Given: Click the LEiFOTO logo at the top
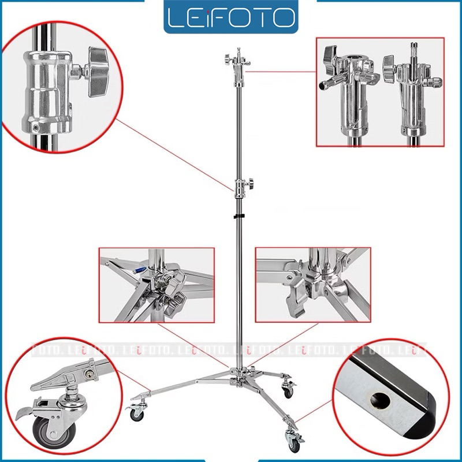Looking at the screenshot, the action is click(230, 17).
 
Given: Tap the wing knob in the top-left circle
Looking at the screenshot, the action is click(99, 72).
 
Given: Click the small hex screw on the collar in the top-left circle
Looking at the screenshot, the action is click(36, 128).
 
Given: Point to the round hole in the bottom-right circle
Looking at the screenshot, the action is click(380, 400).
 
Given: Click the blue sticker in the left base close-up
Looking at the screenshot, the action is click(140, 270).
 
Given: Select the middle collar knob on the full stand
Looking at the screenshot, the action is click(251, 183).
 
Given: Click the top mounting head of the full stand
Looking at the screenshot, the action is click(238, 65).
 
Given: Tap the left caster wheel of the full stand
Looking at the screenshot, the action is click(137, 413).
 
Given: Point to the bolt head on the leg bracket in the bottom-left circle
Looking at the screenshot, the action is click(88, 374).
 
